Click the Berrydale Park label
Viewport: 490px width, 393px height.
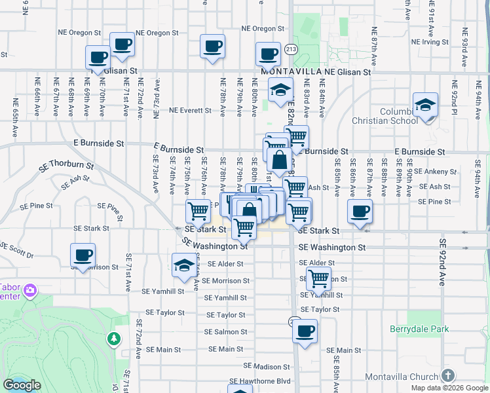click(419, 329)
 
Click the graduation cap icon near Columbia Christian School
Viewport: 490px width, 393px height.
click(425, 105)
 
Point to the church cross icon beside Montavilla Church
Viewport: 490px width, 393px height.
click(448, 375)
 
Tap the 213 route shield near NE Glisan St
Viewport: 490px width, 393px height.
click(292, 49)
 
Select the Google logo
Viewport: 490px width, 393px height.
click(22, 385)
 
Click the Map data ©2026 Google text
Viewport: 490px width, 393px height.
click(449, 388)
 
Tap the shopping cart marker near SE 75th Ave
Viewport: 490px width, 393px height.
click(198, 212)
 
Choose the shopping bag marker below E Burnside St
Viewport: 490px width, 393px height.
click(279, 160)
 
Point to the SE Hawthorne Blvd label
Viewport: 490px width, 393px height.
click(259, 381)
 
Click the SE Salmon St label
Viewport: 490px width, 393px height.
click(225, 332)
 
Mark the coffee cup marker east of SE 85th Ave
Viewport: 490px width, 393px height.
click(360, 212)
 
